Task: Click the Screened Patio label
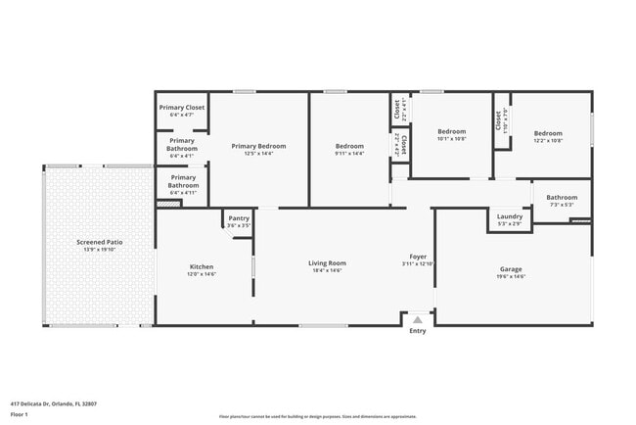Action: click(x=100, y=241)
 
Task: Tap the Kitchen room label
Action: click(x=202, y=266)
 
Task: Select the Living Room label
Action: click(x=328, y=262)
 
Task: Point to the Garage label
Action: click(x=511, y=268)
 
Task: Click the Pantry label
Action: click(x=239, y=218)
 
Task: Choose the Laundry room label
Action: click(x=510, y=216)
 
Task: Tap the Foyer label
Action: click(x=417, y=256)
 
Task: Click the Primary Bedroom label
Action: click(x=258, y=146)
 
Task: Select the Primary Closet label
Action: click(x=182, y=107)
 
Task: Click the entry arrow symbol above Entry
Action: click(x=418, y=319)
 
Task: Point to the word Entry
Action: click(x=418, y=331)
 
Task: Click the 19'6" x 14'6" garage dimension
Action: click(x=511, y=277)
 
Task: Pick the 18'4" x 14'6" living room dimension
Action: click(x=328, y=270)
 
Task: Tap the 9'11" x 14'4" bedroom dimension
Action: click(x=349, y=154)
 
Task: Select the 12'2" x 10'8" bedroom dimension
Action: click(x=548, y=140)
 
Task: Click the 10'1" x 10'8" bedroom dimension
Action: click(x=451, y=139)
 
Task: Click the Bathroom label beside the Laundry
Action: click(x=562, y=197)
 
